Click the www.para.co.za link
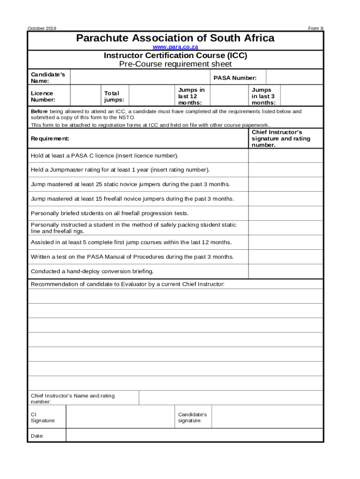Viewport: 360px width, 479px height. (x=175, y=48)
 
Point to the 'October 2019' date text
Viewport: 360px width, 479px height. (x=42, y=29)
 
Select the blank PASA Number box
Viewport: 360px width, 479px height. (x=295, y=78)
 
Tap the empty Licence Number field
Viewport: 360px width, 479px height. (x=86, y=96)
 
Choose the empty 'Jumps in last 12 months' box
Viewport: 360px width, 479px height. (x=229, y=96)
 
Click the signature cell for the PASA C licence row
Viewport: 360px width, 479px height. (x=285, y=155)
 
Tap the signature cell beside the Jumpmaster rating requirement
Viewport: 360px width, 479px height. (x=285, y=170)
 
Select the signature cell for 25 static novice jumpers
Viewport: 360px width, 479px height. (x=285, y=184)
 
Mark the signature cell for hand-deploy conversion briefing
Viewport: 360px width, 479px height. (x=285, y=271)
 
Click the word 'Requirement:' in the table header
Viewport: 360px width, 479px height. (x=50, y=139)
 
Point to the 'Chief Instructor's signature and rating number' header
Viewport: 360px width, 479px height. (x=281, y=139)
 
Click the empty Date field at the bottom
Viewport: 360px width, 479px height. (x=194, y=435)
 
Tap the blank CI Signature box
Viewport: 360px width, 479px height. (x=120, y=417)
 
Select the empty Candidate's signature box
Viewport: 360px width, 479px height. (x=267, y=417)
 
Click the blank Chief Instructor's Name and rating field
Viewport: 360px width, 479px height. (x=230, y=398)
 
